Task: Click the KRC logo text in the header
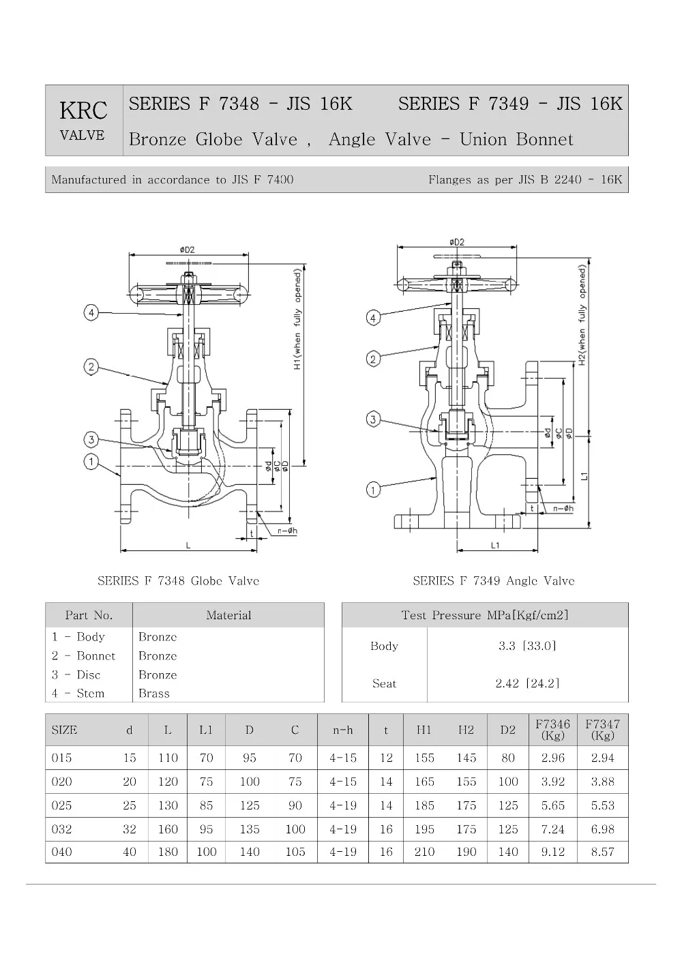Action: (x=83, y=110)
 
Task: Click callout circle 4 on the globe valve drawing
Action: (x=91, y=312)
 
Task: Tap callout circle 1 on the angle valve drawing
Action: (x=373, y=489)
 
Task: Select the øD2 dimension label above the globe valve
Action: (x=187, y=250)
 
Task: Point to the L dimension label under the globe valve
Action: (x=188, y=546)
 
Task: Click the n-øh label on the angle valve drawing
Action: (x=563, y=508)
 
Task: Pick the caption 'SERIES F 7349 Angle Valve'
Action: (x=493, y=581)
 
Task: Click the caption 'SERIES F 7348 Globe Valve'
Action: (x=178, y=581)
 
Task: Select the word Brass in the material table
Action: (x=154, y=693)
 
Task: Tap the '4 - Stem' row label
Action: (x=78, y=693)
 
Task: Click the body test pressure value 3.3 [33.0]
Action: (x=527, y=646)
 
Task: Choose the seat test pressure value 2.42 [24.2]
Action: (x=527, y=683)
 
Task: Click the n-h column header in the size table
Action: (x=343, y=730)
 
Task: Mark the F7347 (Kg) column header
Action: (x=603, y=729)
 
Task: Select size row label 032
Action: (x=62, y=829)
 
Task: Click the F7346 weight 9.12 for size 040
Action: (x=553, y=852)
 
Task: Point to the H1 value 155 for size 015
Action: (x=424, y=758)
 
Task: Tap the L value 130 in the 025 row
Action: (x=168, y=805)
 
